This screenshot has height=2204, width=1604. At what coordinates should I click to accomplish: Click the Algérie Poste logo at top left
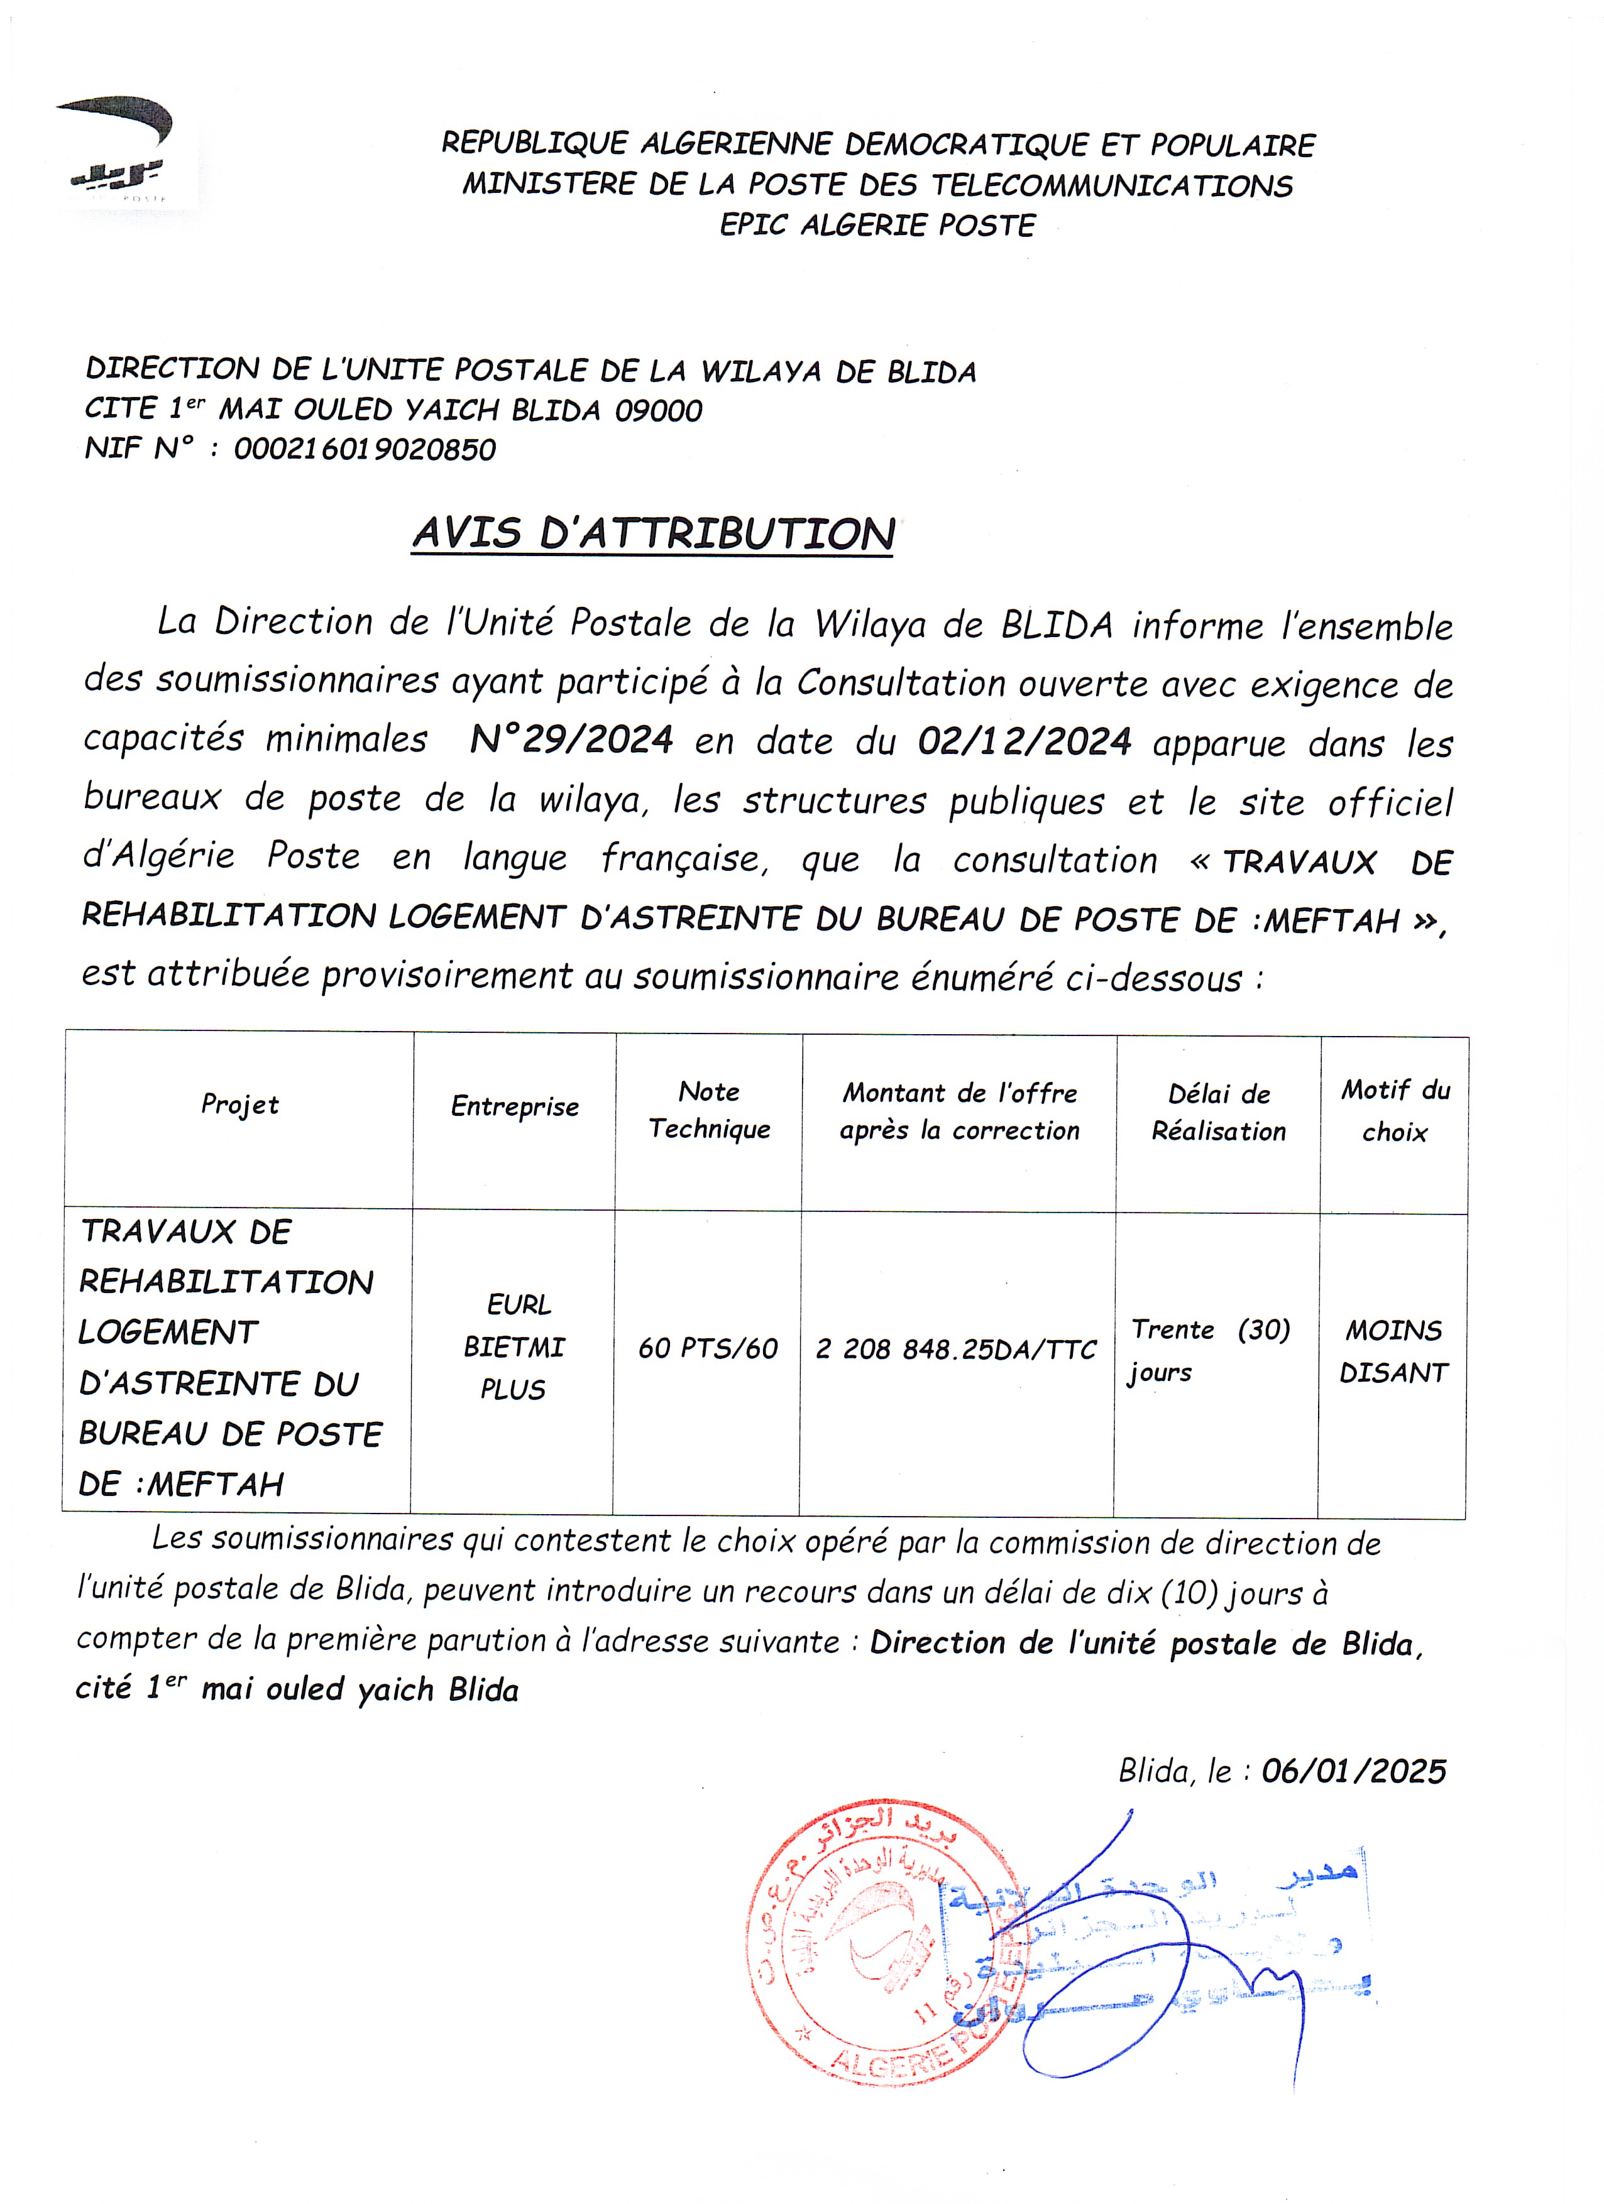119,151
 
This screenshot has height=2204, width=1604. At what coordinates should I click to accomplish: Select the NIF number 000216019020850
365,449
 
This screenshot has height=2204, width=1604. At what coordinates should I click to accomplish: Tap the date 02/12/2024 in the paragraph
1024,741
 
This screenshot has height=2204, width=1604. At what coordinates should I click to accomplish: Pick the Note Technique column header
709,1110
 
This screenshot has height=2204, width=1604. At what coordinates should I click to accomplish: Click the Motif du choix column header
1395,1111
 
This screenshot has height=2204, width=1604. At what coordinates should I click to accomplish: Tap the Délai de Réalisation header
1219,1113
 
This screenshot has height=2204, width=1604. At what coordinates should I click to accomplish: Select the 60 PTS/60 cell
708,1349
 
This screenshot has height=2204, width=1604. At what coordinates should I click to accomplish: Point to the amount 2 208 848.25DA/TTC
957,1350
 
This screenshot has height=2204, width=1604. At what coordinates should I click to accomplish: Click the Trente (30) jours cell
1211,1351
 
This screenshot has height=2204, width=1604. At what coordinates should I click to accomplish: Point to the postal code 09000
658,411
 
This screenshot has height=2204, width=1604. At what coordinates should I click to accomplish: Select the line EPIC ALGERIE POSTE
878,226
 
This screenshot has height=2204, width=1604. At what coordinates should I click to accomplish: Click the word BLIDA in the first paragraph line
1057,625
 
